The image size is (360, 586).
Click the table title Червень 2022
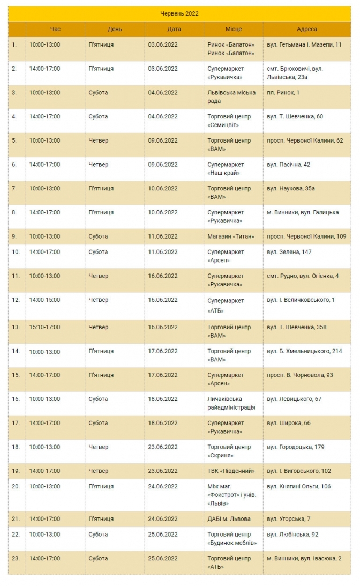click(179, 13)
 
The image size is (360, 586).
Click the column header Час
click(55, 29)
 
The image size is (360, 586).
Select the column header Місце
click(233, 29)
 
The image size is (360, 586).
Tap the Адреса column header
click(307, 29)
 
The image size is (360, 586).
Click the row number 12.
click(16, 300)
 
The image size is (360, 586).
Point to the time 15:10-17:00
click(44, 327)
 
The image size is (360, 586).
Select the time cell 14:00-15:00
click(44, 300)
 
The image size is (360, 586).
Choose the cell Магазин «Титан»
click(230, 236)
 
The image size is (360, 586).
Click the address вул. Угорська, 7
click(288, 518)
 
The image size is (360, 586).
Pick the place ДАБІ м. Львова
click(229, 518)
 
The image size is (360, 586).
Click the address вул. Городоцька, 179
click(295, 447)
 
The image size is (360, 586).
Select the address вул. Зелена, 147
click(289, 251)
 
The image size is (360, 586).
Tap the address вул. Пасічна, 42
click(288, 164)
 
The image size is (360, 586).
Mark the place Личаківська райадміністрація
click(231, 403)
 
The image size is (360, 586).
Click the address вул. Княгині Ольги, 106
click(298, 486)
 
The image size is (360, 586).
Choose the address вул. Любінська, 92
click(292, 534)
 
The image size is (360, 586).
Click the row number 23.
click(16, 558)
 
